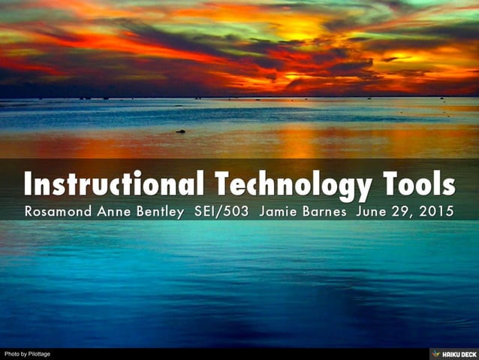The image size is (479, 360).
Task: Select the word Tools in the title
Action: coord(418,184)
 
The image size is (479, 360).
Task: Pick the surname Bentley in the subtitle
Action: coord(160,211)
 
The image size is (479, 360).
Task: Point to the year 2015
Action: coord(436,211)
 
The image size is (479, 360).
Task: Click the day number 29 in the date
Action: coord(402,211)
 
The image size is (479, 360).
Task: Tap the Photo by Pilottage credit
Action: coord(27,354)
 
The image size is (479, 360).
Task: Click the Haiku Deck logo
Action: coord(454,354)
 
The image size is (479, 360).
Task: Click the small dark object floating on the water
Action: coord(181,132)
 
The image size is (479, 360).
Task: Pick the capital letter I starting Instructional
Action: coord(28,184)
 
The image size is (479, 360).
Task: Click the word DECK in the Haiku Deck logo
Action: coord(466,354)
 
